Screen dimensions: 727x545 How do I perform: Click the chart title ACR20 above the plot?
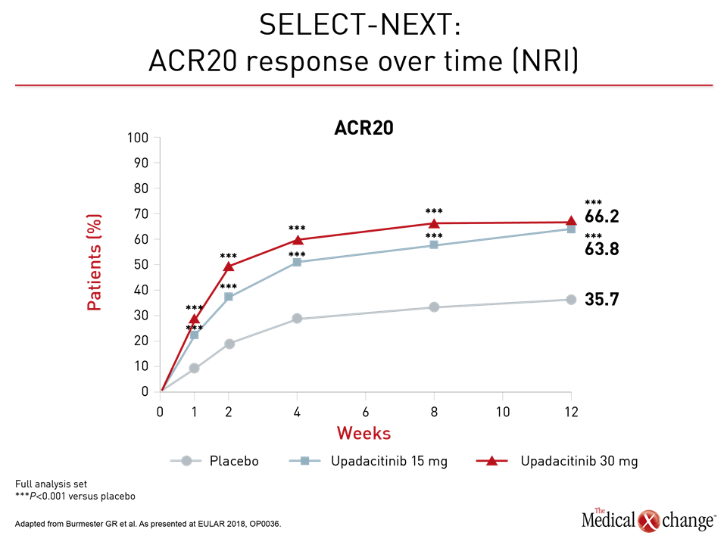click(363, 128)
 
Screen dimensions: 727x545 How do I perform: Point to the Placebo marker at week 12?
click(571, 300)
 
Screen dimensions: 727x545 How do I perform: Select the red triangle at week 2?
click(229, 266)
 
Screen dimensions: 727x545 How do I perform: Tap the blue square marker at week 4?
click(297, 263)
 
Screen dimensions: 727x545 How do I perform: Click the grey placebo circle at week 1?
click(195, 369)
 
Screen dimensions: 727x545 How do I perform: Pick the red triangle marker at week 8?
click(434, 223)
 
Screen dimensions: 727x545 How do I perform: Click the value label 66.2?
click(601, 216)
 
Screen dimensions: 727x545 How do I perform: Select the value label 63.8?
click(601, 249)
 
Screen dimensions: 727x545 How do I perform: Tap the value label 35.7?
click(601, 300)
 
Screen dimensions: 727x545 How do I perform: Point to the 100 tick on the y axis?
click(138, 138)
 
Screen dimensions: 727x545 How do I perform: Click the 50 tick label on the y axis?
click(141, 265)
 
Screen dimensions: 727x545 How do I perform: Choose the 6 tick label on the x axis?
click(365, 412)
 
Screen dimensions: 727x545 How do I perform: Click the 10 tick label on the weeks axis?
click(503, 412)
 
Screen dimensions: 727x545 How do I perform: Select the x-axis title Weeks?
click(363, 433)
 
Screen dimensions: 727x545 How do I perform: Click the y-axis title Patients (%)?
click(94, 263)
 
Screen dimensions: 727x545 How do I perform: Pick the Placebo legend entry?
click(214, 461)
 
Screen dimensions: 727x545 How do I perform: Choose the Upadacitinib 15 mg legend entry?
click(368, 461)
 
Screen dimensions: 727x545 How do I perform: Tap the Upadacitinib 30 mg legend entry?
click(557, 461)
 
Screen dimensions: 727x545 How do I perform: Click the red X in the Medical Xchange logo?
click(649, 521)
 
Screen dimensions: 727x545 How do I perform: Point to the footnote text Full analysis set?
click(51, 484)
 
